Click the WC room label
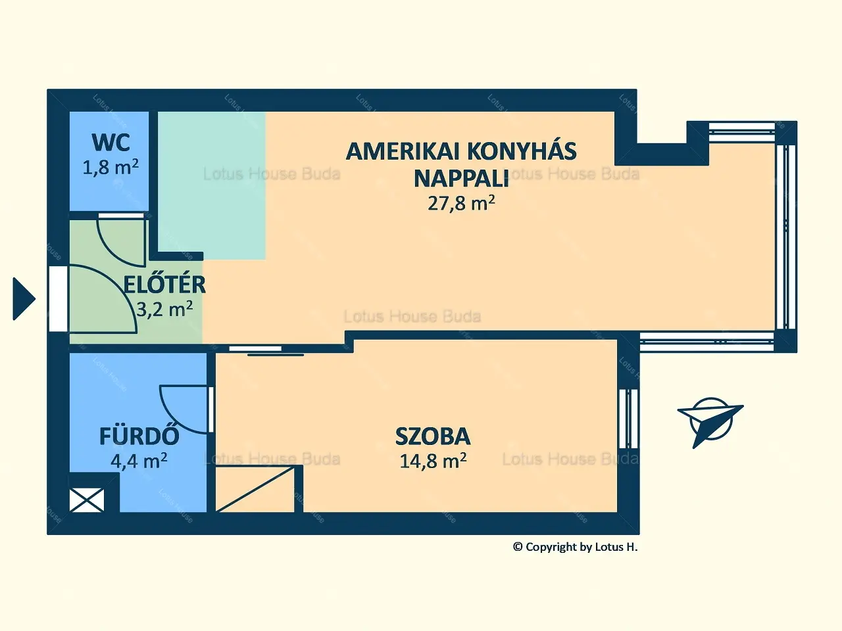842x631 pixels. [x=111, y=143]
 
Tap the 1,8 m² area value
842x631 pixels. [x=111, y=167]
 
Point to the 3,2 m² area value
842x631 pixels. [x=164, y=309]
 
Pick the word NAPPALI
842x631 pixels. [x=461, y=178]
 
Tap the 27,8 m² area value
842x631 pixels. [x=461, y=203]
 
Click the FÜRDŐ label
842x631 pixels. [x=139, y=436]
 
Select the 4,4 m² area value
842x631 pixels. [x=139, y=461]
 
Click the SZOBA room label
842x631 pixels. [x=433, y=436]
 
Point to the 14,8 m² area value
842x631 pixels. [x=433, y=461]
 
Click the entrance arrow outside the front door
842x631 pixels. [x=24, y=299]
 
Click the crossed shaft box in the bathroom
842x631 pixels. [x=87, y=500]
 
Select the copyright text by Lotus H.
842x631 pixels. [x=576, y=547]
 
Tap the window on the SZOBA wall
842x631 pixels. [x=628, y=419]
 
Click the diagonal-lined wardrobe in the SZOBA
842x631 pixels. [x=255, y=488]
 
